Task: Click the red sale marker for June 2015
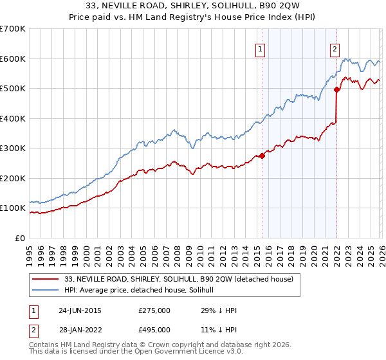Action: pos(262,156)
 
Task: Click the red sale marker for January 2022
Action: pos(336,90)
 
